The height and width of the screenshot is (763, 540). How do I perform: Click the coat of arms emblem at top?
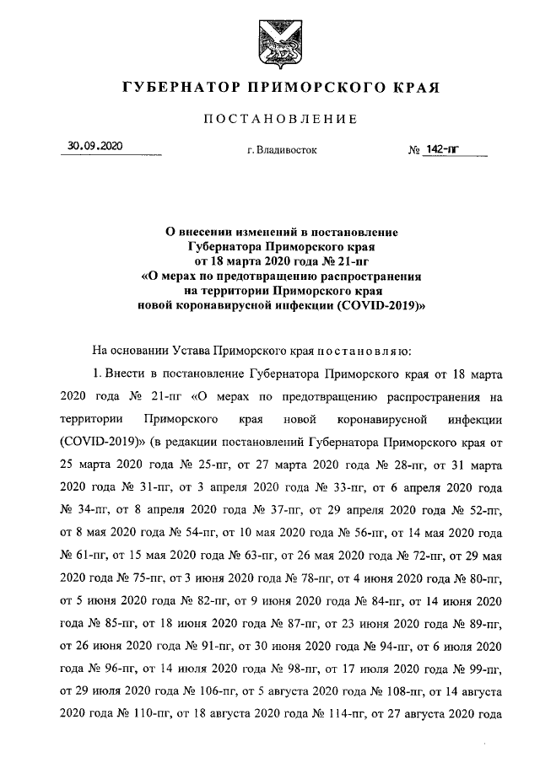[x=269, y=41]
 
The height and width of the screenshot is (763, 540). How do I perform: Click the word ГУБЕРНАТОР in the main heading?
[x=176, y=87]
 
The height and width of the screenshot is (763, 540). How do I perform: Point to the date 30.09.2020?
[x=95, y=147]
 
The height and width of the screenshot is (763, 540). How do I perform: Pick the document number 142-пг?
[x=443, y=149]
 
